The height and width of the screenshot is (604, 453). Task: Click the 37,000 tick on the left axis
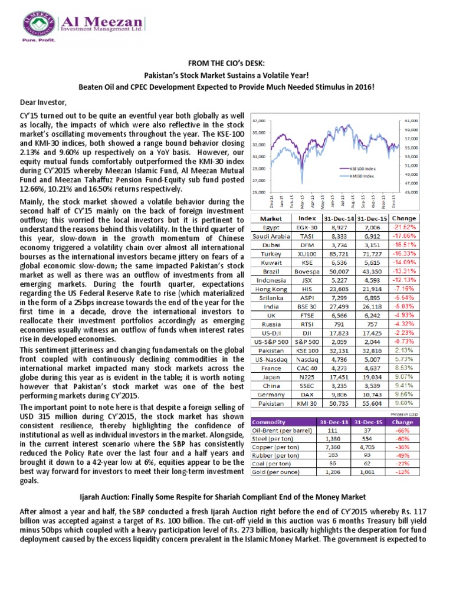258,120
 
